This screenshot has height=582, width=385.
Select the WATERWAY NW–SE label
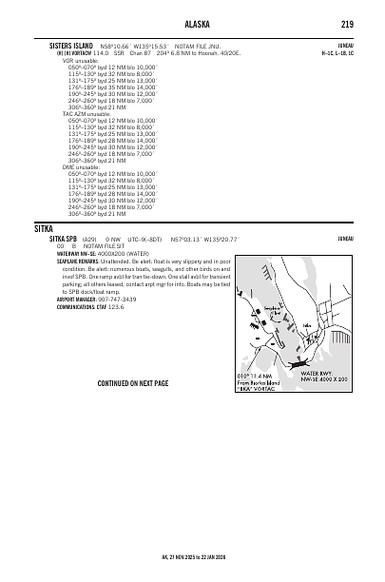[x=77, y=254]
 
